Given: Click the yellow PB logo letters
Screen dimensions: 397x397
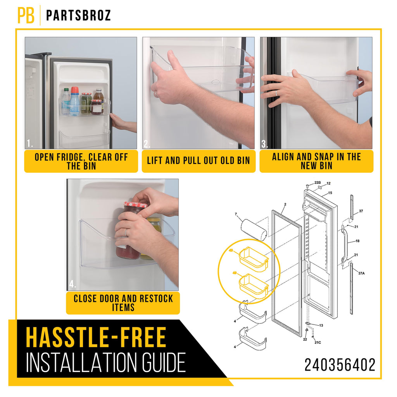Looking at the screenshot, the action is pyautogui.click(x=26, y=15).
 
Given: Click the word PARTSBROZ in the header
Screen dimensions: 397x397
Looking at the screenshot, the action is pyautogui.click(x=78, y=16).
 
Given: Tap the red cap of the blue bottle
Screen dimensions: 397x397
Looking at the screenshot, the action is pyautogui.click(x=75, y=90).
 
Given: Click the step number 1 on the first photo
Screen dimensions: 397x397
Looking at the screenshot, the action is pyautogui.click(x=29, y=144).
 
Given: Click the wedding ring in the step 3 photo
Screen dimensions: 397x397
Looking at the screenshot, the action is pyautogui.click(x=276, y=93).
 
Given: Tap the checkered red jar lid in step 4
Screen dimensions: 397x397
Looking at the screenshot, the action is pyautogui.click(x=135, y=204).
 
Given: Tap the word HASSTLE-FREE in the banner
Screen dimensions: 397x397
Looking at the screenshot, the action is pyautogui.click(x=96, y=337).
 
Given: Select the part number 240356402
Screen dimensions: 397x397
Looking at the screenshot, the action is pyautogui.click(x=340, y=365).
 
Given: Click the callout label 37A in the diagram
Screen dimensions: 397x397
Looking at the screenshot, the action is pyautogui.click(x=361, y=273).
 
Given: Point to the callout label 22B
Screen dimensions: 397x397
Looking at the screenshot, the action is pyautogui.click(x=318, y=183).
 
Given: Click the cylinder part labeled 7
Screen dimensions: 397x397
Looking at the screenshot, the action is pyautogui.click(x=254, y=230).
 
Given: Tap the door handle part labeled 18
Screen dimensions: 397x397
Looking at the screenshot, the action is pyautogui.click(x=344, y=244).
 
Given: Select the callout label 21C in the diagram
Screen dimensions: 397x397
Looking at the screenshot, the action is pyautogui.click(x=318, y=343).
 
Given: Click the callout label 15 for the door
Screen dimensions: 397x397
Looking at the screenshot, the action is pyautogui.click(x=330, y=193).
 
